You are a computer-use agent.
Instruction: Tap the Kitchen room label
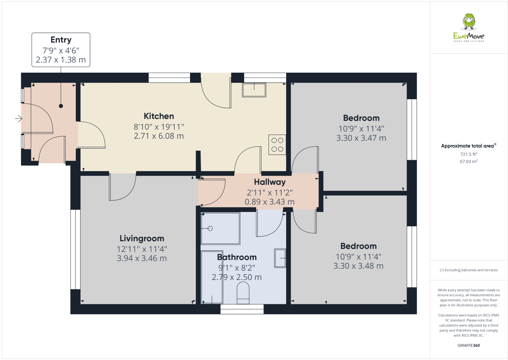point(159,116)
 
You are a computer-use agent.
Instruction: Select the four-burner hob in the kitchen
point(277,145)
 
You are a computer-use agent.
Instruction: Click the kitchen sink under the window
point(254,90)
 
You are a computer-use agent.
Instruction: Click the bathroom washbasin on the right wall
point(280,258)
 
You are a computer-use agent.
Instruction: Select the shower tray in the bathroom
point(220,228)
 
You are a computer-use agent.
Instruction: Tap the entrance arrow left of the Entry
point(19,118)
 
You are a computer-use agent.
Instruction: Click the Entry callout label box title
point(61,40)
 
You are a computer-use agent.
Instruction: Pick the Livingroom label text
point(142,239)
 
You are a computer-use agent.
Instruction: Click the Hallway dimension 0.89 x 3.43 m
point(270,202)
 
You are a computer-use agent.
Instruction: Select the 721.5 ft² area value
point(469,154)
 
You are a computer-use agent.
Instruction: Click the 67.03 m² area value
point(469,162)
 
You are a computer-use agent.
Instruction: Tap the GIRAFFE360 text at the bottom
point(469,345)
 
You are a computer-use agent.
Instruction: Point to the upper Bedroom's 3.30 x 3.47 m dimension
point(361,138)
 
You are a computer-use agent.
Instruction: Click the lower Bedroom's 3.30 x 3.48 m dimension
point(358,266)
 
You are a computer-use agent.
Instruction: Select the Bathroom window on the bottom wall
point(242,309)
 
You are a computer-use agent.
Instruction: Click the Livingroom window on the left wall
point(75,249)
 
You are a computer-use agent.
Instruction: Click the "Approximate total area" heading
point(467,146)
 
